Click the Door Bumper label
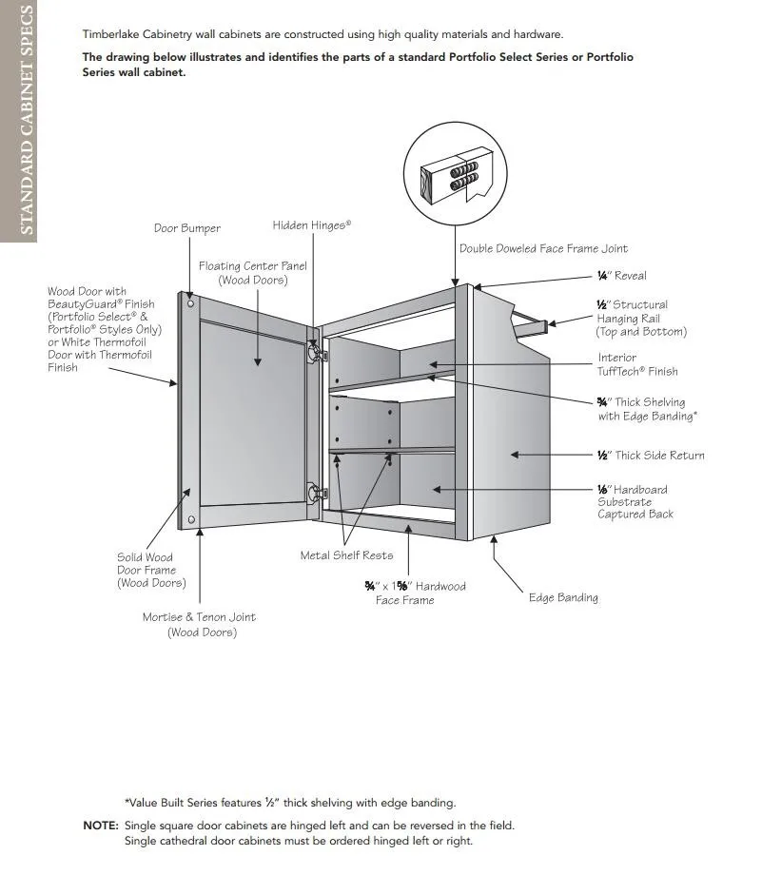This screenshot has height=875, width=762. coord(187,228)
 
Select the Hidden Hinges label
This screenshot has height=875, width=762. coord(311,225)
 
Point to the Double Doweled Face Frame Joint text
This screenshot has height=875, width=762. coord(543,249)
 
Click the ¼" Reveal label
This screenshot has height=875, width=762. coord(621,276)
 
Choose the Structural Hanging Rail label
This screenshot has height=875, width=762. coord(640,319)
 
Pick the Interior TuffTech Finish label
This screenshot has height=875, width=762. coord(637,365)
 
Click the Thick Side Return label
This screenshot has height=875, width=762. coord(651,456)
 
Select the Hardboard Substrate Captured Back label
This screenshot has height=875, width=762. coord(634,502)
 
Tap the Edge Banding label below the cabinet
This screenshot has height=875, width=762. coord(563,598)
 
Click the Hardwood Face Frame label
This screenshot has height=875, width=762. coord(415,593)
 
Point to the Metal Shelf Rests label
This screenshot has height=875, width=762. coord(346,555)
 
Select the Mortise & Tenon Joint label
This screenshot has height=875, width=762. coord(199,625)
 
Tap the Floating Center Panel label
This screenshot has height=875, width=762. coord(252,273)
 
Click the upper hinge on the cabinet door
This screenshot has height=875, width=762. coord(314,352)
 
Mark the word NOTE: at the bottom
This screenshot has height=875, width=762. coord(101,826)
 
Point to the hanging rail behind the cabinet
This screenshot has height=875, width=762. coord(531,322)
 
